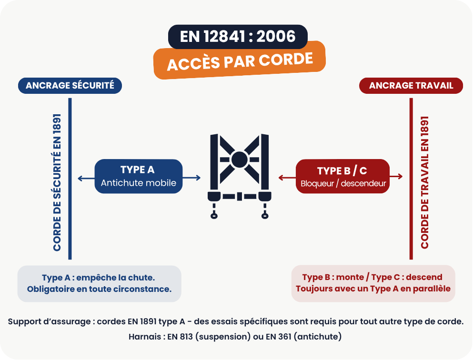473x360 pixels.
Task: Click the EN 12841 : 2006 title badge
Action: [238, 37]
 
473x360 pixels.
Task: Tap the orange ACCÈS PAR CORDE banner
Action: [240, 60]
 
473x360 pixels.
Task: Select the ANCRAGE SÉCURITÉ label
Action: [70, 86]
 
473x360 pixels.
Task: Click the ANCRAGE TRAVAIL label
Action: [411, 86]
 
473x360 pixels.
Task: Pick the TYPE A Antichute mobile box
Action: [139, 176]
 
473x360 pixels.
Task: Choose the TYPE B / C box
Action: [342, 176]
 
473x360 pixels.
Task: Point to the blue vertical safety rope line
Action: [70, 179]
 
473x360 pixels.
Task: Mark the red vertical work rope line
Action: [411, 179]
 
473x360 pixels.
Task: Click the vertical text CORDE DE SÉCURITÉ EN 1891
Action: [57, 182]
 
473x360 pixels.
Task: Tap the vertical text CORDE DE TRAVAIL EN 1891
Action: [424, 182]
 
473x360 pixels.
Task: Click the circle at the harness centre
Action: [240, 160]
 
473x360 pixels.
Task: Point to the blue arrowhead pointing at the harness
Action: [198, 178]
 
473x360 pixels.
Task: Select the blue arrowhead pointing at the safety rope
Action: [80, 179]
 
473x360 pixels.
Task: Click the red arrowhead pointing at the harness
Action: [281, 178]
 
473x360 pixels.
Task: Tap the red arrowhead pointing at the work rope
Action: [400, 177]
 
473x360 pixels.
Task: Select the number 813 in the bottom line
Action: [186, 337]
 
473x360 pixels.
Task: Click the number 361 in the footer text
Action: [285, 337]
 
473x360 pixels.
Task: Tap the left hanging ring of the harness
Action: [214, 216]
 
